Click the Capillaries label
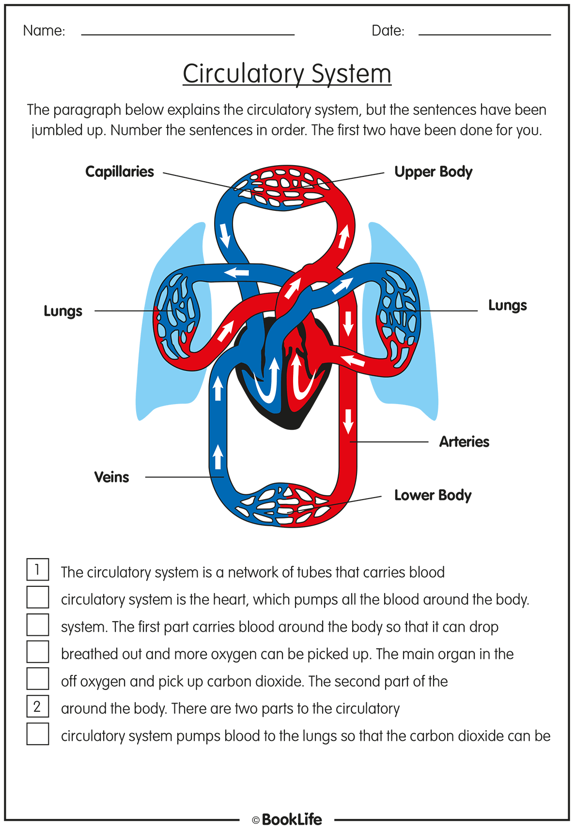(120, 172)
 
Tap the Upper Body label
(433, 172)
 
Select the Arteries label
(464, 442)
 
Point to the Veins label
(111, 477)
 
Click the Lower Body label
(433, 495)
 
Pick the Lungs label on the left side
(63, 311)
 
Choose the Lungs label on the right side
(507, 305)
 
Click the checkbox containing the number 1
(38, 569)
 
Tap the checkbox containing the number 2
(38, 706)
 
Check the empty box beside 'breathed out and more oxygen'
(38, 651)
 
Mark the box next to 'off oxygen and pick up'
(38, 678)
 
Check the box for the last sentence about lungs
(38, 734)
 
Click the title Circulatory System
(287, 74)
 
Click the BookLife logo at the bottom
(287, 819)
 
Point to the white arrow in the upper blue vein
(225, 235)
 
